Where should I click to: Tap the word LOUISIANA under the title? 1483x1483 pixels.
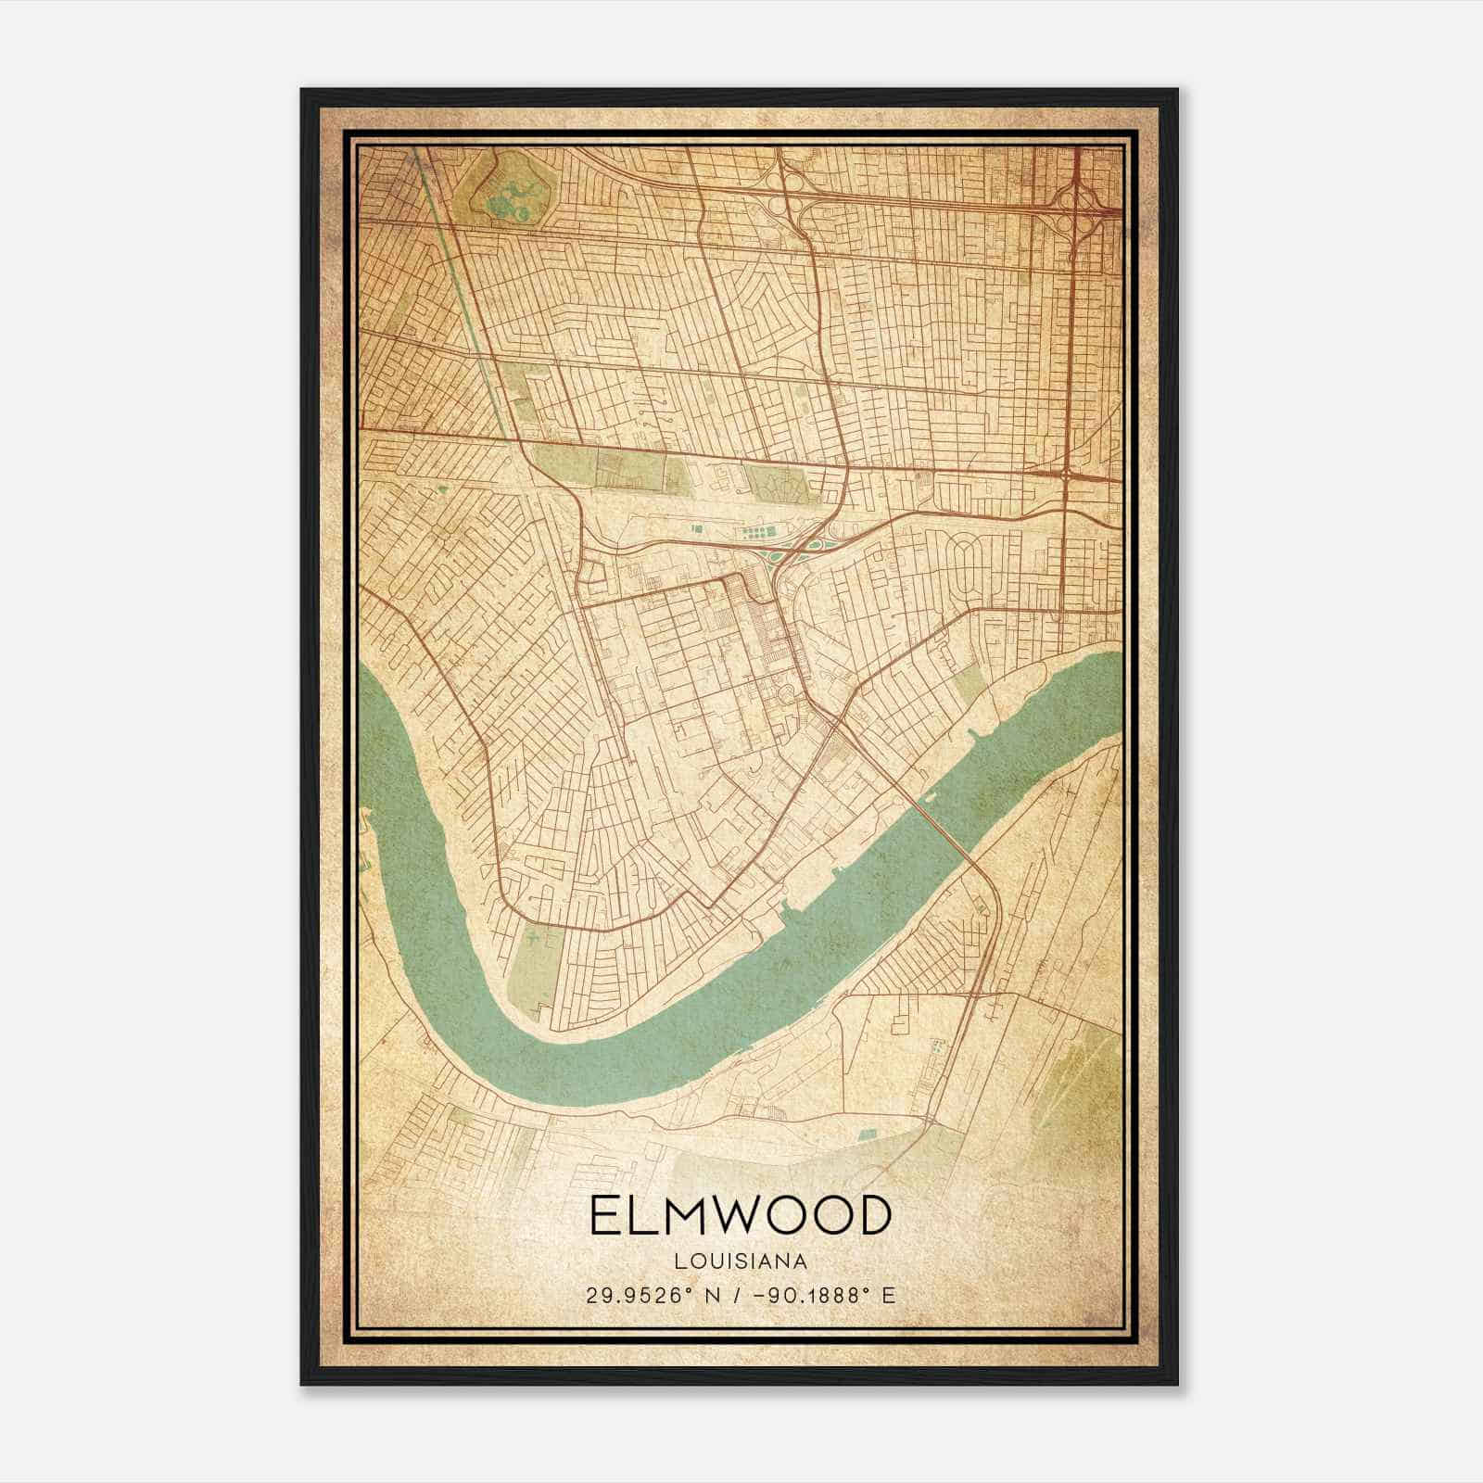pyautogui.click(x=740, y=1261)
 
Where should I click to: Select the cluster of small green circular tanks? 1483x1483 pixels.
pyautogui.click(x=755, y=534)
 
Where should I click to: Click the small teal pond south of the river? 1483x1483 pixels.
pyautogui.click(x=868, y=1133)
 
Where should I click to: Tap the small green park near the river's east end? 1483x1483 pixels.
pyautogui.click(x=970, y=684)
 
